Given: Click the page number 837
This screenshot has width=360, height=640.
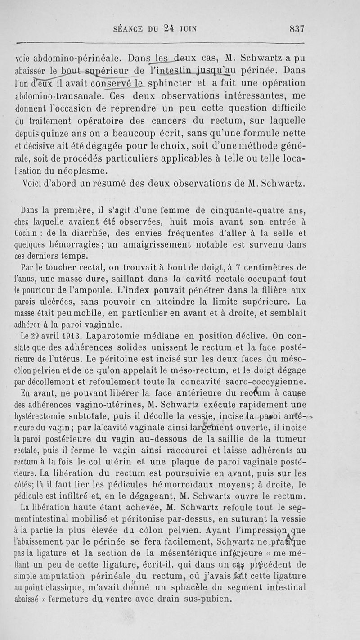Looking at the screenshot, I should click(x=296, y=29).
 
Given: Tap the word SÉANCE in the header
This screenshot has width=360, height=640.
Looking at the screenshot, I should click(x=131, y=30).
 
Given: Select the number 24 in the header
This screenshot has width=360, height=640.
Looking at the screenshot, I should click(x=169, y=29).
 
